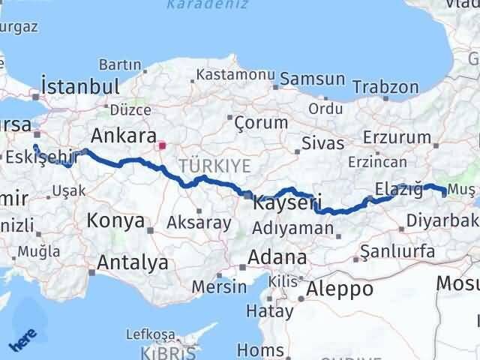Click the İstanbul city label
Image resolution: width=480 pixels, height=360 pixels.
82,85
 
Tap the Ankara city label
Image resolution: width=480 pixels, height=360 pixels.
124,136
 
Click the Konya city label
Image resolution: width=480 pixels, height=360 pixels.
115,220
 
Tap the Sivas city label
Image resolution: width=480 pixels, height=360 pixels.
323,143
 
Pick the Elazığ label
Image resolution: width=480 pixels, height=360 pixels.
399,189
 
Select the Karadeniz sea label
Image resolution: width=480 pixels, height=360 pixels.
199,5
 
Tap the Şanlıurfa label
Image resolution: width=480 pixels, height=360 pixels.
397,251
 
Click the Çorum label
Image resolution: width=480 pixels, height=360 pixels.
260,121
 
